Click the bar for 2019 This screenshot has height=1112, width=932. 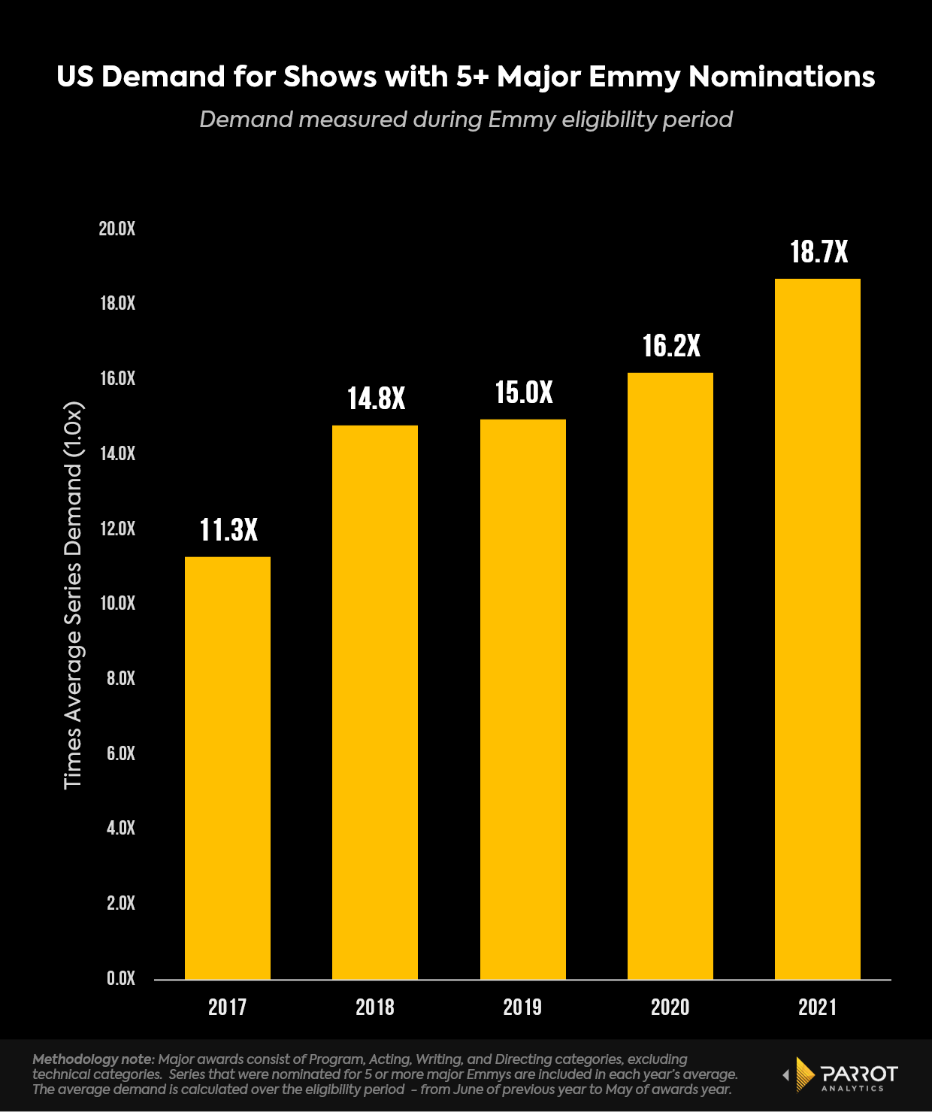point(523,699)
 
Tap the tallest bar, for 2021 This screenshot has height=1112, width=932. point(818,629)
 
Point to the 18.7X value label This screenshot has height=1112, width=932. point(819,252)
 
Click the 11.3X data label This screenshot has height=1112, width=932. point(228,530)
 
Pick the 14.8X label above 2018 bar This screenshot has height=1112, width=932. point(376,398)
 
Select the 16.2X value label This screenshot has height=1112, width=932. point(671,346)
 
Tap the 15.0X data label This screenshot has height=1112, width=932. point(524,392)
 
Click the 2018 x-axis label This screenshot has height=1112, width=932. point(375,1007)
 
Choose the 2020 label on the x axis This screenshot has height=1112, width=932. point(670,1007)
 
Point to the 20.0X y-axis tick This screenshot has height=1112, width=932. point(117,229)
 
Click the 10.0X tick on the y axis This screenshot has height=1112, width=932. point(117,603)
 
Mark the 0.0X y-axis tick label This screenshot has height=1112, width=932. point(121,978)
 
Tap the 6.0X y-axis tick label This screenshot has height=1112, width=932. point(121,753)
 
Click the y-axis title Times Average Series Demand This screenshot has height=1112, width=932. point(73,595)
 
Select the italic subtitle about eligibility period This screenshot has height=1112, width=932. point(466,120)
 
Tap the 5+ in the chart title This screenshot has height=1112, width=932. point(471,77)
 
